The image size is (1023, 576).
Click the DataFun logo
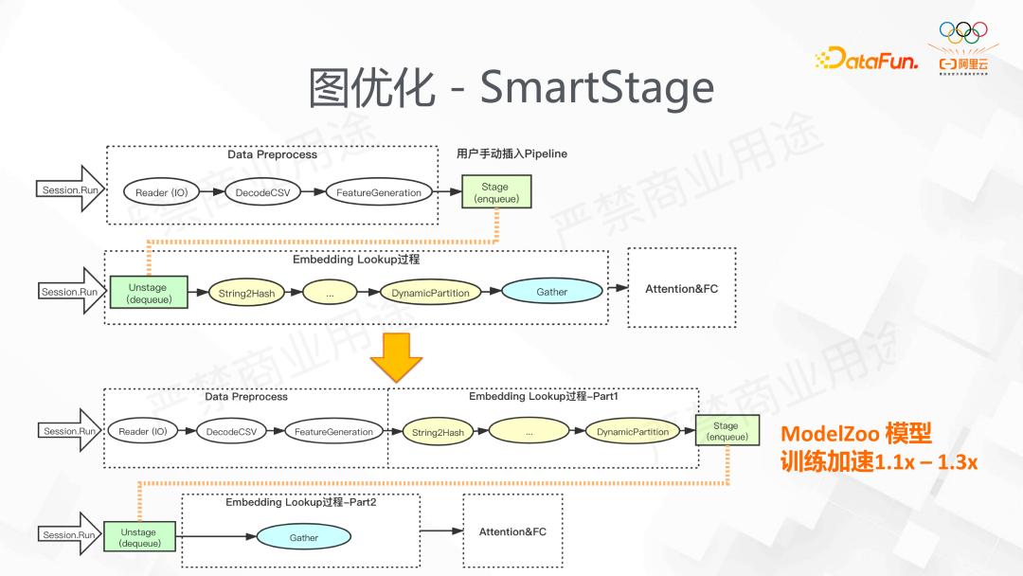866,60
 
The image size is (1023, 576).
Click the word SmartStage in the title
597,87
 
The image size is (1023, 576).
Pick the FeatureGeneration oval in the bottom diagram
333,432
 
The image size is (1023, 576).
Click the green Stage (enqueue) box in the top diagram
495,192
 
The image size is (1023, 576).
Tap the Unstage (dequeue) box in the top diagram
148,293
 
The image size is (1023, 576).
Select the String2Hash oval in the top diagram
246,293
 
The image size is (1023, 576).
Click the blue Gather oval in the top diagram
551,292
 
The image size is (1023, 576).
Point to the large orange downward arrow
396,357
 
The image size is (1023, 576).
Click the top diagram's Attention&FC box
681,288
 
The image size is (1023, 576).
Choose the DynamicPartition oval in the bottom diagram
633,432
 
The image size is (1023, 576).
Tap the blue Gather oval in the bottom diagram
303,537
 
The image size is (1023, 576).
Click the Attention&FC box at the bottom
512,531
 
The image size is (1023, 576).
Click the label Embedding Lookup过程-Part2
300,502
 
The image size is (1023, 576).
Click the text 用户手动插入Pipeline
511,153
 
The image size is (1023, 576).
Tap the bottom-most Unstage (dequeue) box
139,537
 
